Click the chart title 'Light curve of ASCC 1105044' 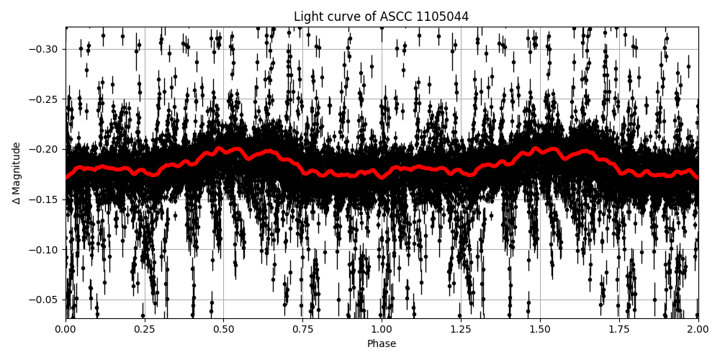381,17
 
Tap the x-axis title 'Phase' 381,344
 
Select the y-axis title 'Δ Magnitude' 17,173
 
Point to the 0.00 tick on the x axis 66,330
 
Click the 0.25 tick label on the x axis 145,330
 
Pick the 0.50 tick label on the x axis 223,330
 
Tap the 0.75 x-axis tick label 302,330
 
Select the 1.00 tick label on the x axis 382,330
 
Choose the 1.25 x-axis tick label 461,330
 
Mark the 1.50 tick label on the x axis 539,330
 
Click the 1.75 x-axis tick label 618,330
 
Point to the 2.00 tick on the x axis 697,330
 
